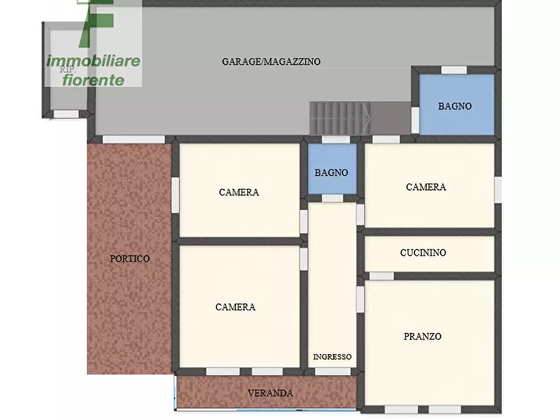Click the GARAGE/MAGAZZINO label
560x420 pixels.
(x=271, y=61)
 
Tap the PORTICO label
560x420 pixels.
(x=130, y=258)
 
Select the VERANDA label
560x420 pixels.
(x=270, y=393)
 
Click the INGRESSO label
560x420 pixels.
(x=332, y=357)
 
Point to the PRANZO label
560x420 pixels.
(x=422, y=337)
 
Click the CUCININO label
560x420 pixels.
(x=423, y=253)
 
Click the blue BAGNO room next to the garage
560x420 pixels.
(x=455, y=106)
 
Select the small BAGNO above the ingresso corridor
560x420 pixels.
(x=332, y=172)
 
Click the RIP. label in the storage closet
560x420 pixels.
(x=67, y=70)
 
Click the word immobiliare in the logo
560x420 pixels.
(x=93, y=61)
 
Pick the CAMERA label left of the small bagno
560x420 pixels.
(x=239, y=192)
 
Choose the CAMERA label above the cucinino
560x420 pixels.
(x=426, y=187)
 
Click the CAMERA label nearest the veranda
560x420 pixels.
(x=235, y=307)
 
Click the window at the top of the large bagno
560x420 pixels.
(x=454, y=70)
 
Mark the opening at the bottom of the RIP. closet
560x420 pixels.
(x=66, y=114)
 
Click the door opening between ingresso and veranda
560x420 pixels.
(x=332, y=371)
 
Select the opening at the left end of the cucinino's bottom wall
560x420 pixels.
(x=381, y=276)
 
